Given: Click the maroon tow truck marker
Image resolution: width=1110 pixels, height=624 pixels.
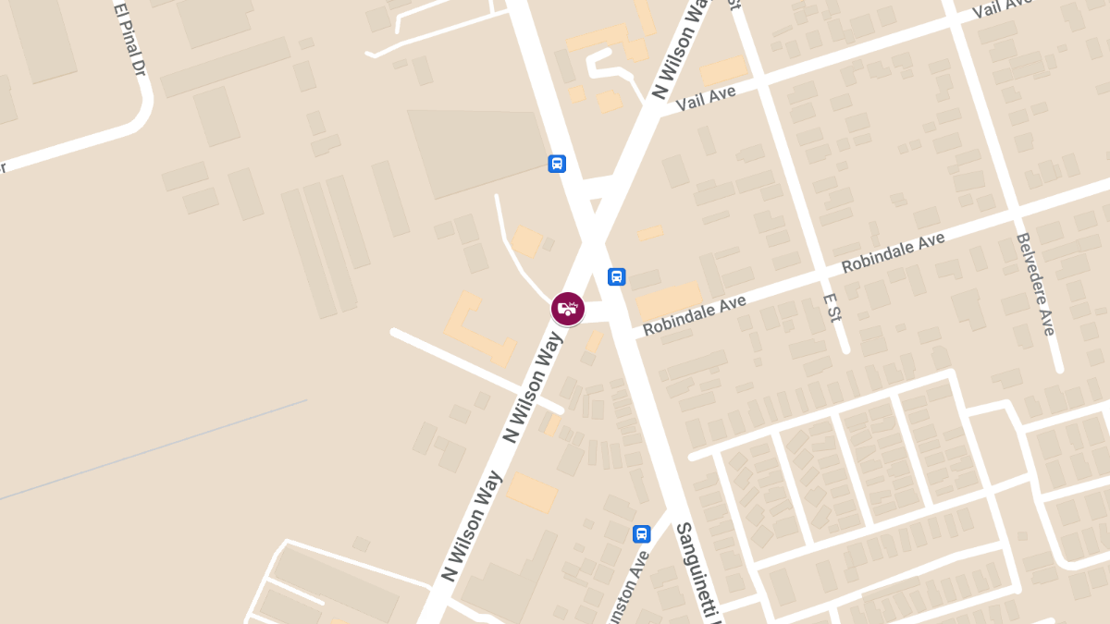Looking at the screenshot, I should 568,308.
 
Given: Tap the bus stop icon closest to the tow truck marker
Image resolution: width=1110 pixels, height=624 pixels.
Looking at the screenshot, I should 616,276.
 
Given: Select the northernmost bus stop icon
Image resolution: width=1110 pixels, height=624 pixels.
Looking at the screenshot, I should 557,164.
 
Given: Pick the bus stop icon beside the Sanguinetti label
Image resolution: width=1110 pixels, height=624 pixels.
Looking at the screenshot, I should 641,533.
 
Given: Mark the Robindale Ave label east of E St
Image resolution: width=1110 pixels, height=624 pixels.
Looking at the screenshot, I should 893,253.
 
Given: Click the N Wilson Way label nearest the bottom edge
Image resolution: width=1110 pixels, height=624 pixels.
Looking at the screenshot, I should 472,527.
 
